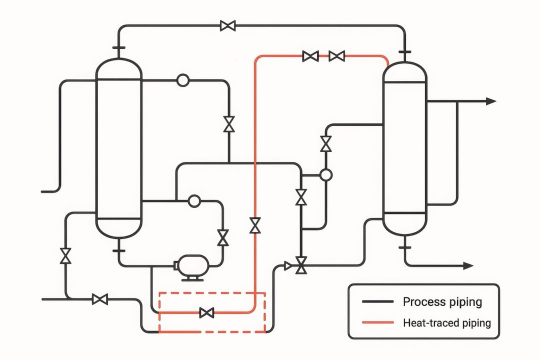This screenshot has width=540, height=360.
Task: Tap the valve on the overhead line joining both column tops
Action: [x=228, y=25]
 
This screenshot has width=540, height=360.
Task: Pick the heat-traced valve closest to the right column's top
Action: [x=337, y=56]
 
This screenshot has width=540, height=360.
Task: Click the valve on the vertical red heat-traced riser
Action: [x=255, y=225]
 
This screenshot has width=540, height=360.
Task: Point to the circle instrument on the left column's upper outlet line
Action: [x=182, y=80]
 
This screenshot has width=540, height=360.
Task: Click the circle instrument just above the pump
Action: [x=193, y=201]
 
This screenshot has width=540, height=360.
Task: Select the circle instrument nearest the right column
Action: [x=325, y=174]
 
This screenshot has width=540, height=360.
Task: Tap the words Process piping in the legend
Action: [x=442, y=301]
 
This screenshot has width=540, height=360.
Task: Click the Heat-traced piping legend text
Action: [x=446, y=322]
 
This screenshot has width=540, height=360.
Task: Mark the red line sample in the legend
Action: [x=377, y=323]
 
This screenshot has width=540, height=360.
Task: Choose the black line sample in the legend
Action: [x=377, y=302]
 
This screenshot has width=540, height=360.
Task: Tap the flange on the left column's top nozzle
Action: [x=119, y=48]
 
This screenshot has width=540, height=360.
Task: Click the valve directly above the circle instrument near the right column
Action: [x=326, y=144]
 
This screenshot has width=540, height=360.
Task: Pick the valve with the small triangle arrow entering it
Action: [x=301, y=265]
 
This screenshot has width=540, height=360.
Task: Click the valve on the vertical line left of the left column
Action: [x=65, y=255]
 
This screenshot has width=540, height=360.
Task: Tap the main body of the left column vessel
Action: [x=119, y=145]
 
